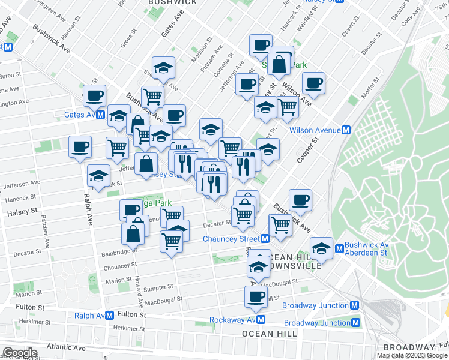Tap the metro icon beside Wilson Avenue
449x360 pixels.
pyautogui.click(x=346, y=130)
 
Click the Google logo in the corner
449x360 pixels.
pyautogui.click(x=19, y=353)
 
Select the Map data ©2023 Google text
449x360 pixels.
pyautogui.click(x=411, y=355)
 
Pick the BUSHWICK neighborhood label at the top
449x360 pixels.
pyautogui.click(x=172, y=2)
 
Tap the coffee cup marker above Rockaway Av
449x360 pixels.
pyautogui.click(x=256, y=296)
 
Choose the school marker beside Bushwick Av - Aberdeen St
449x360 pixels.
pyautogui.click(x=321, y=248)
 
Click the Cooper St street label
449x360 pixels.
pyautogui.click(x=310, y=153)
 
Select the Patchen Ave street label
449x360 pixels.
pyautogui.click(x=46, y=232)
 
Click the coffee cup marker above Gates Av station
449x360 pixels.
pyautogui.click(x=94, y=95)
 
